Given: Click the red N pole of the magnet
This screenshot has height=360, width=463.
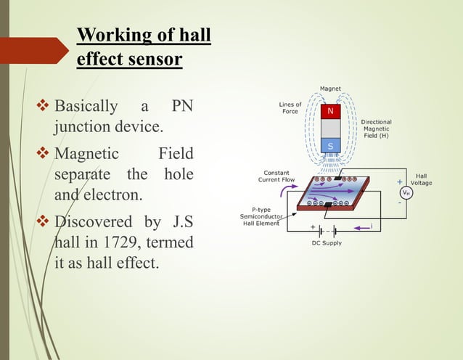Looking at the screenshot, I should (x=331, y=111).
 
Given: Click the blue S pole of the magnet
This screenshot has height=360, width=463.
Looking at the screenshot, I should (x=331, y=147).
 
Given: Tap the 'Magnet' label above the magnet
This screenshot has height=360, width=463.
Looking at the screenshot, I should (x=331, y=89).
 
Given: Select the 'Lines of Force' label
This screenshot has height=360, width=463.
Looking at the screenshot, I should (x=290, y=108).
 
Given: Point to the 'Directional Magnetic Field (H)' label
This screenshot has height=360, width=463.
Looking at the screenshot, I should (x=376, y=128).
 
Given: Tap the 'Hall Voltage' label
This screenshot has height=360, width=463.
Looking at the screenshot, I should (x=422, y=179).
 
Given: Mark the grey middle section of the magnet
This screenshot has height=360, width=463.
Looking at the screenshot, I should (x=331, y=128).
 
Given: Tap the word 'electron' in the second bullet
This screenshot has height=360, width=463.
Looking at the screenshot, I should (x=128, y=195).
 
